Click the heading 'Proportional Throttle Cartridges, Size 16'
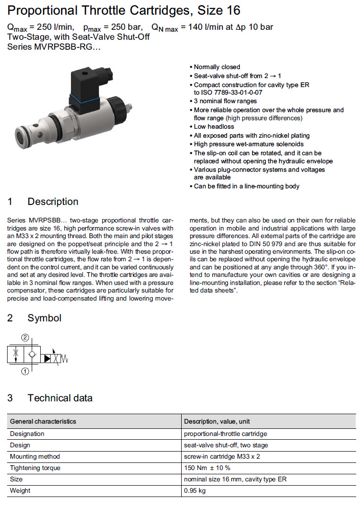pos(124,10)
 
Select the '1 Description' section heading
pos(43,202)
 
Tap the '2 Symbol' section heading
pos(35,318)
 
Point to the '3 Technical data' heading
pos(50,398)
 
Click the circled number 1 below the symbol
pos(24,372)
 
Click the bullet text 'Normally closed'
pos(217,67)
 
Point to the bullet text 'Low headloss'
pos(214,127)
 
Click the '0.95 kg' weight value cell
pos(194,490)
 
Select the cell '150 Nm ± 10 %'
pos(207,468)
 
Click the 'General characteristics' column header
pos(43,421)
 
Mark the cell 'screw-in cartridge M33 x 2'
pos(222,456)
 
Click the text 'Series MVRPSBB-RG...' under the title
pos(54,46)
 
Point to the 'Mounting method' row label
pos(35,456)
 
